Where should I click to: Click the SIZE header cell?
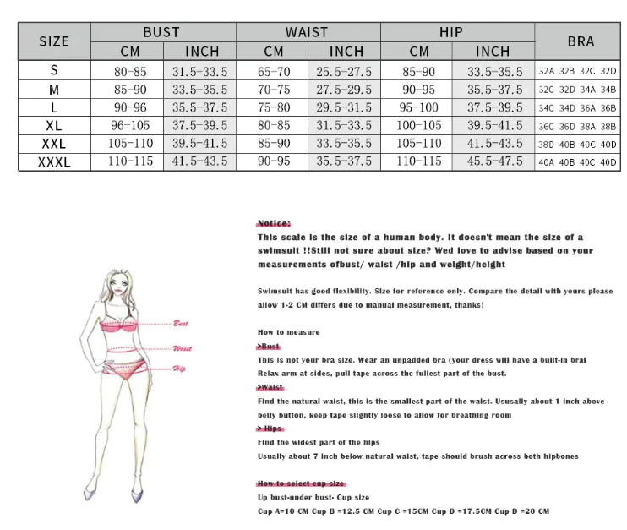54,41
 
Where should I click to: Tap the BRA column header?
581,41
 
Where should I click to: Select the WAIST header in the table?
306,32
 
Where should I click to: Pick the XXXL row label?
54,161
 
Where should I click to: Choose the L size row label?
54,107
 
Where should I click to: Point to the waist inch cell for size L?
344,107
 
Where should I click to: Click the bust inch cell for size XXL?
199,144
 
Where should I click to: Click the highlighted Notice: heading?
273,223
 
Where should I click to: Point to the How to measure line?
288,332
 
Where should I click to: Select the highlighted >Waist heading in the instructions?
271,387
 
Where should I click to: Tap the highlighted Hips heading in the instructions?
270,429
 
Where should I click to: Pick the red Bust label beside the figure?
181,324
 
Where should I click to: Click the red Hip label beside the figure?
179,369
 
